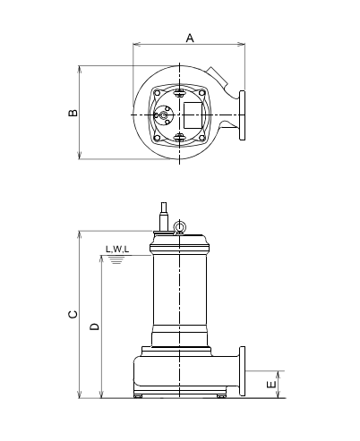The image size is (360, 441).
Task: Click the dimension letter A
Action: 190,38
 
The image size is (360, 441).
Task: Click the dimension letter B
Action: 73,113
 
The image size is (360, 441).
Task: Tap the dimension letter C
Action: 73,314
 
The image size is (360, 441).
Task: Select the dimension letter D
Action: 94,327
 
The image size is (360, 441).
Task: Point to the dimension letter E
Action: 271,385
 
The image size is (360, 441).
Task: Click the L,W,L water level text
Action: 117,250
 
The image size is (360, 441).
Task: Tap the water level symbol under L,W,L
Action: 116,259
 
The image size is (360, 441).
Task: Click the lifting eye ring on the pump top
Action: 179,225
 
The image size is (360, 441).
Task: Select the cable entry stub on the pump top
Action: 164,216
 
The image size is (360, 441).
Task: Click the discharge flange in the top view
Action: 242,115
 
